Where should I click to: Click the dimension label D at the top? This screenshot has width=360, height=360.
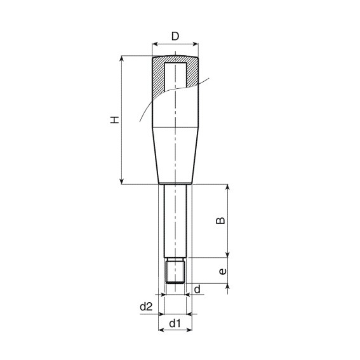coord(175,36)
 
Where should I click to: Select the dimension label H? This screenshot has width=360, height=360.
coord(115,120)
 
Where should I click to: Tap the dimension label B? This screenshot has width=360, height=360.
coord(221,220)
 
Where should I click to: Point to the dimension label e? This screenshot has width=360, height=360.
coord(222,271)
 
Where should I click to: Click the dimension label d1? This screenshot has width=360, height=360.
coord(175,323)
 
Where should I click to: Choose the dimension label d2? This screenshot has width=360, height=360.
coord(146,306)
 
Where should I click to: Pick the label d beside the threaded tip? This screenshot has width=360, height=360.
coord(197,290)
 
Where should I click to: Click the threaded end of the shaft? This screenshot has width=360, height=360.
coord(175,270)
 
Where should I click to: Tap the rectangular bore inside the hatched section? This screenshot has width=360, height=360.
coord(175,75)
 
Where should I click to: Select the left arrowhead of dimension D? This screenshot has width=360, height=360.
coord(155,44)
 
